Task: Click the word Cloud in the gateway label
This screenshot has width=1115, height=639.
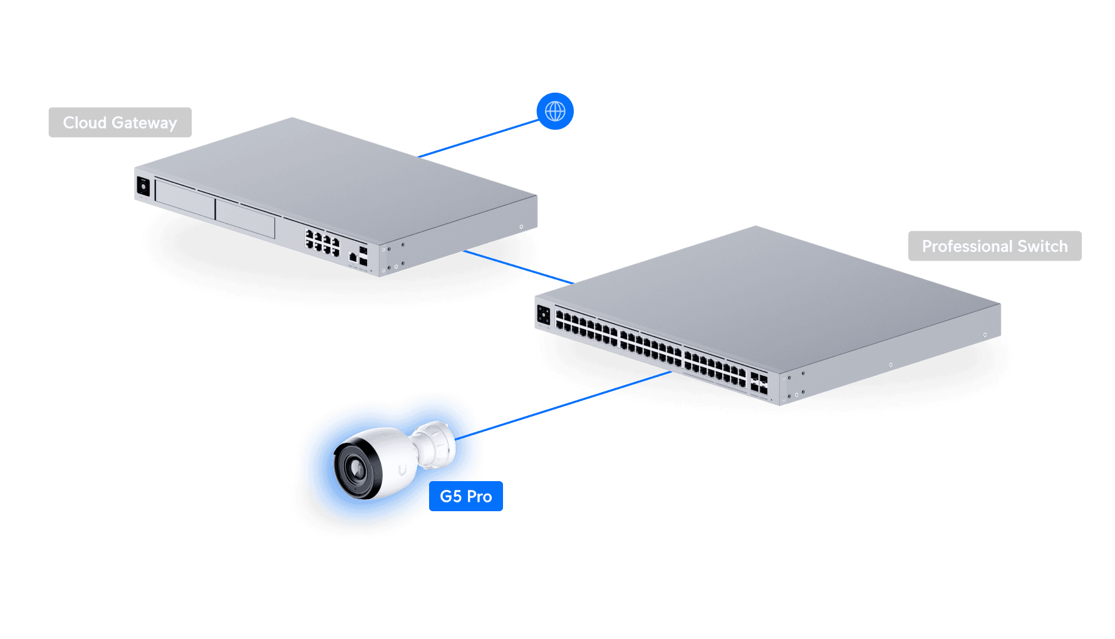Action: coord(85,123)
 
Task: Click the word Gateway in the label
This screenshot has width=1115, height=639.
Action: coord(144,123)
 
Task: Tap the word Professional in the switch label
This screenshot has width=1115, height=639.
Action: coord(967,246)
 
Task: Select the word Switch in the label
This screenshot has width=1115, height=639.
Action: coord(1042,246)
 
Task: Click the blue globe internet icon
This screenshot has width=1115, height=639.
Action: coord(555,112)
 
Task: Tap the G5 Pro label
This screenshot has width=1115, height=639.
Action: coord(466,496)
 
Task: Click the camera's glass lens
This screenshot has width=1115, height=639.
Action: coord(356,468)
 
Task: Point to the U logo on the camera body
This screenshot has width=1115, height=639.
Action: coord(403,469)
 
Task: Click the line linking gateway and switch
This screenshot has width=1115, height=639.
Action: coord(519,267)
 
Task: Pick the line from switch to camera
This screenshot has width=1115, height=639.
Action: coord(573,402)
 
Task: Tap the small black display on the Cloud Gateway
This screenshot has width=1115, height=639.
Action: coord(143,186)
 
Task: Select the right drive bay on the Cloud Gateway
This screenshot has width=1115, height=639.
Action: coord(245,218)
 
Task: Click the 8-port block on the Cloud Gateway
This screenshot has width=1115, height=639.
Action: coord(322,242)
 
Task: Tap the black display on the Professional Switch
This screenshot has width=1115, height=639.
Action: coord(544,315)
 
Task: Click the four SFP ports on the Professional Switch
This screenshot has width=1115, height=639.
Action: coord(759,383)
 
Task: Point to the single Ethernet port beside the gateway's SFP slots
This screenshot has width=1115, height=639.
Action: coord(353,257)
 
